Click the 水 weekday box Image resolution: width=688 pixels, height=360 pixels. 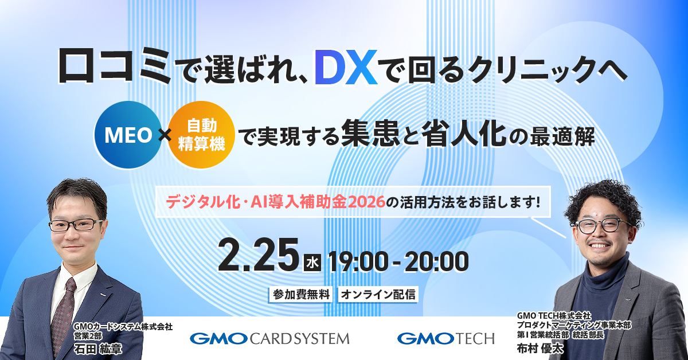click(311, 263)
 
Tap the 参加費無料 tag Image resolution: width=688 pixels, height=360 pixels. click(300, 295)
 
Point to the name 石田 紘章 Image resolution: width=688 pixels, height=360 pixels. click(99, 347)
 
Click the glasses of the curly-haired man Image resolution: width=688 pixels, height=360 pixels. click(601, 225)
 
